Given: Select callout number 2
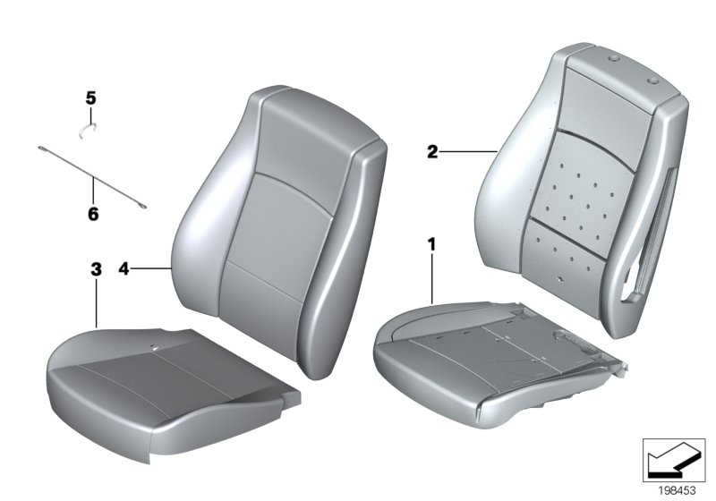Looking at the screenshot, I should (432, 153).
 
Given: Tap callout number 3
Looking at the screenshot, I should (96, 268).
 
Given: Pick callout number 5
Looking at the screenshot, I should (89, 97).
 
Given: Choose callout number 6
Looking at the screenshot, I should (93, 215).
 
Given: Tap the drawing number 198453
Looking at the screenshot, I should (677, 489).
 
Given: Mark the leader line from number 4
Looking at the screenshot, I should (152, 267).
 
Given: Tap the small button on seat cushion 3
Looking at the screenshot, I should (155, 346).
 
